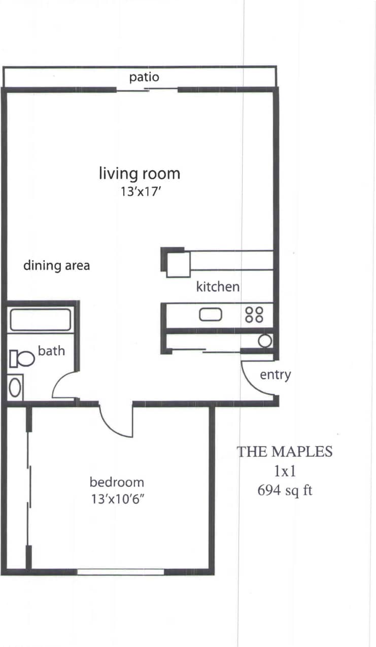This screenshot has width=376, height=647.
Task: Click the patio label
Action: (x=144, y=77)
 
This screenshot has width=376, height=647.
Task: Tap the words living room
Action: (x=139, y=174)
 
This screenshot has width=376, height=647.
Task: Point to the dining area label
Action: (x=56, y=265)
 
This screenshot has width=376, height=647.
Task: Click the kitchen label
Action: (x=218, y=287)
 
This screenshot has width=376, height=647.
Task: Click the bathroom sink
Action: (x=16, y=388)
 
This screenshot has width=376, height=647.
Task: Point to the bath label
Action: (x=51, y=350)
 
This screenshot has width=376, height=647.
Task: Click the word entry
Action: (x=275, y=375)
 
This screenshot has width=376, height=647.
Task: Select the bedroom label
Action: (x=117, y=482)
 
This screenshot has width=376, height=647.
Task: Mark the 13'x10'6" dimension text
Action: (x=117, y=498)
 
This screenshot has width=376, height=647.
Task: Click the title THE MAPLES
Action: (x=285, y=451)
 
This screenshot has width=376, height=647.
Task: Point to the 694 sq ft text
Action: (x=285, y=491)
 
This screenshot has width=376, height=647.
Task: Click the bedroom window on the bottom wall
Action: (x=120, y=572)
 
